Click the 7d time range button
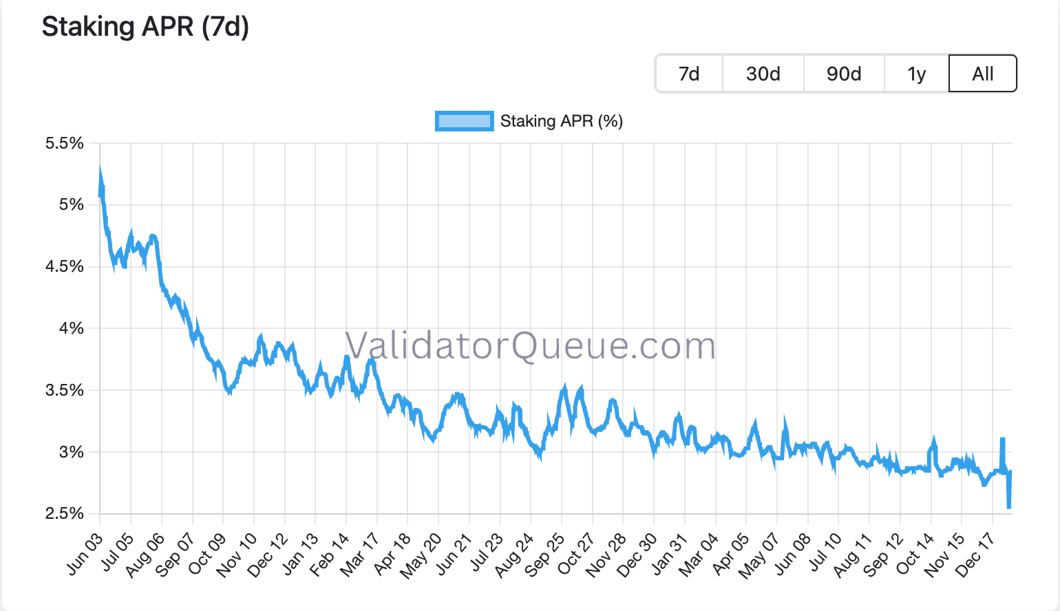click(689, 74)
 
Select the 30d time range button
click(763, 74)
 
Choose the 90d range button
click(844, 74)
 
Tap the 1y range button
click(917, 74)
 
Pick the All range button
click(983, 74)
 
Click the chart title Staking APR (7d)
click(145, 27)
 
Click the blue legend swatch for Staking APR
click(464, 121)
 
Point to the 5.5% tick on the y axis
click(65, 143)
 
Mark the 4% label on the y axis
click(72, 328)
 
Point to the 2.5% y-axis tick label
click(65, 513)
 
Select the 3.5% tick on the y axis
click(65, 390)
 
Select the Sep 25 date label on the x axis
click(545, 554)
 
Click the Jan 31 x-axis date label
click(669, 554)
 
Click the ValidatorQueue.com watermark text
click(530, 345)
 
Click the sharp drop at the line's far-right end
click(1009, 506)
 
